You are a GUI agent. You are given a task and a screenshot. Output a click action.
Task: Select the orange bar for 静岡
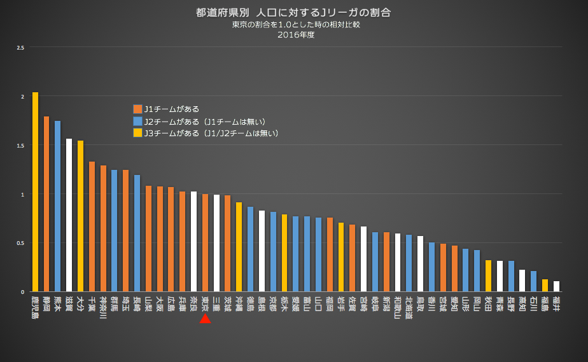46,204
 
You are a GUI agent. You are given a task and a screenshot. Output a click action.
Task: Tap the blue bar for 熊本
58,206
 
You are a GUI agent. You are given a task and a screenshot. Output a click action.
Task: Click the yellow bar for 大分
81,216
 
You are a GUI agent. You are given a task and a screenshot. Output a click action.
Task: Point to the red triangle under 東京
205,318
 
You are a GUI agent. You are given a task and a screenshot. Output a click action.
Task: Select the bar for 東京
205,242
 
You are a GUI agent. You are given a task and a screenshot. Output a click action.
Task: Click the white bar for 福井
556,286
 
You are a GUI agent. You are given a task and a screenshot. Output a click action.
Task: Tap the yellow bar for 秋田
488,275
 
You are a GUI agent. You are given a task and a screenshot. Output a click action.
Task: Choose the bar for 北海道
409,263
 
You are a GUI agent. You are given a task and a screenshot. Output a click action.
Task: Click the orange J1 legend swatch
137,109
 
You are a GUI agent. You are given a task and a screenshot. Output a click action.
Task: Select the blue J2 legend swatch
137,121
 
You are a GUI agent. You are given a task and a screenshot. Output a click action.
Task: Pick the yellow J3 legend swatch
137,133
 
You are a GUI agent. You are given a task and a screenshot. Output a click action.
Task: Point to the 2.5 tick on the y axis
21,48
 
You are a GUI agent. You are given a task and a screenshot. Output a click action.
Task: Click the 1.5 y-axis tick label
21,146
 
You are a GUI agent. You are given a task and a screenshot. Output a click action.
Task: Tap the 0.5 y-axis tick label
21,243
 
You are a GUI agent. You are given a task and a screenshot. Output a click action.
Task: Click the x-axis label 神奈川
103,306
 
